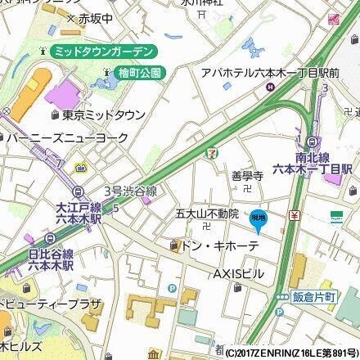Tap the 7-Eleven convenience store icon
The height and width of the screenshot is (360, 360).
click(213, 152)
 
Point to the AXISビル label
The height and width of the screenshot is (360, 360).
click(238, 272)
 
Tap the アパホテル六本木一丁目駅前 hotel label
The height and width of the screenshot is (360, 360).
click(270, 73)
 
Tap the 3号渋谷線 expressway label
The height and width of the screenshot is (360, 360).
click(129, 190)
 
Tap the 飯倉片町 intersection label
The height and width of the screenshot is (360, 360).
click(312, 299)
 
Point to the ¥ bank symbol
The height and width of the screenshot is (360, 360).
click(292, 215)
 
